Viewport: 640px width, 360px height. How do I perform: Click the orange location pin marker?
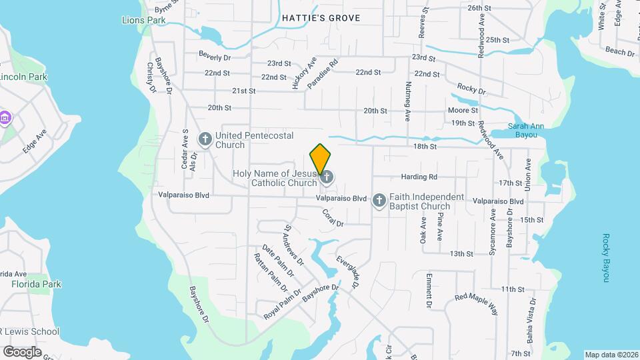(x=320, y=159)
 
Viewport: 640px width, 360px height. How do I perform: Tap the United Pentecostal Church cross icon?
(x=205, y=140)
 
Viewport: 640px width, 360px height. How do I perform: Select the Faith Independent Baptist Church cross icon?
(x=379, y=201)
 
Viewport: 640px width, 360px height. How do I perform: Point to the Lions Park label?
(x=143, y=21)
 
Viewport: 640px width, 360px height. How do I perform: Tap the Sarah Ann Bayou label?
(x=527, y=130)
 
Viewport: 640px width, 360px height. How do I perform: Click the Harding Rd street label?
(x=419, y=177)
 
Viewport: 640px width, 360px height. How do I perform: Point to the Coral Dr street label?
(x=331, y=217)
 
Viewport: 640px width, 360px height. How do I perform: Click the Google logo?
(x=22, y=351)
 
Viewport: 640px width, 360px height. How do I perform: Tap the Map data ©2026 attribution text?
(x=610, y=355)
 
